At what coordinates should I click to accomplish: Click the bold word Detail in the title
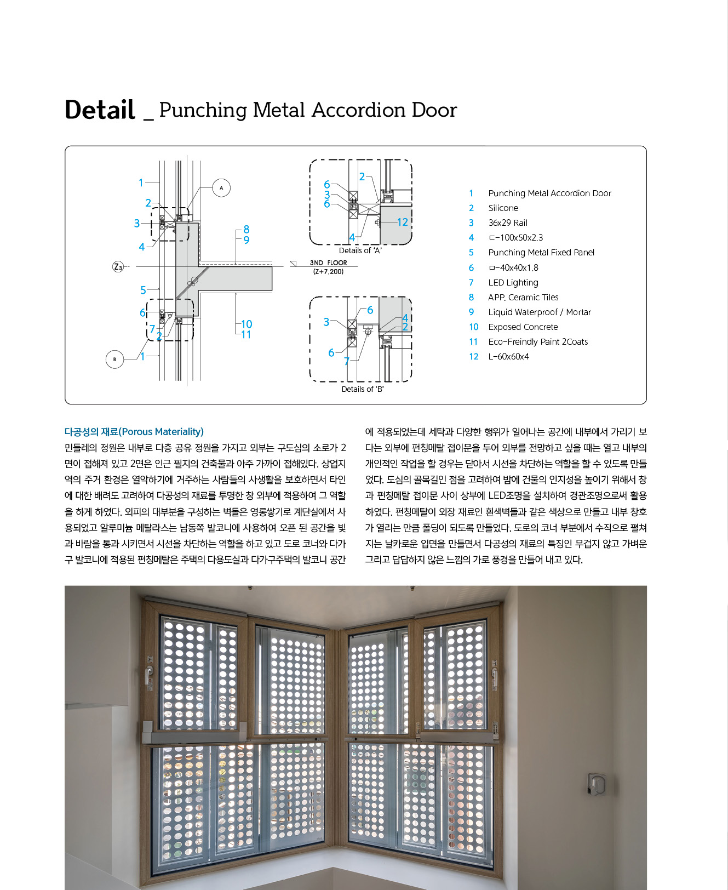[100, 110]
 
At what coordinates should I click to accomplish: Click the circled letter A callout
[221, 188]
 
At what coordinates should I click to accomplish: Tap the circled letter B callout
[114, 360]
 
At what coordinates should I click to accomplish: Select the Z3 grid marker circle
[118, 267]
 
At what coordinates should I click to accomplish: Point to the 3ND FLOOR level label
[328, 263]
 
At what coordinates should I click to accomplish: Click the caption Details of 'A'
[360, 250]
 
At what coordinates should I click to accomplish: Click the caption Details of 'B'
[362, 389]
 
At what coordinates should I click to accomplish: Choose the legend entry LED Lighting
[513, 282]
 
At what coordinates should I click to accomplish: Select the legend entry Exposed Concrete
[523, 327]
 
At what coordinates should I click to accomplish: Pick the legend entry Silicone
[503, 208]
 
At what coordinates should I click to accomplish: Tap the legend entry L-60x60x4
[508, 356]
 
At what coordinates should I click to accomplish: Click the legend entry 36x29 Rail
[508, 222]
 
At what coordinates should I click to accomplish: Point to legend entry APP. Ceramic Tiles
[523, 297]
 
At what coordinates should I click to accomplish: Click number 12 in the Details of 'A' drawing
[403, 222]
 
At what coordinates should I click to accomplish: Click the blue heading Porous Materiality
[134, 432]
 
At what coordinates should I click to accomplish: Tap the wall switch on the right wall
[595, 784]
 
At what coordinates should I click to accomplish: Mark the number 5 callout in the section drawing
[143, 290]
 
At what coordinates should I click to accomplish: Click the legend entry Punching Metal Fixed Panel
[541, 252]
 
